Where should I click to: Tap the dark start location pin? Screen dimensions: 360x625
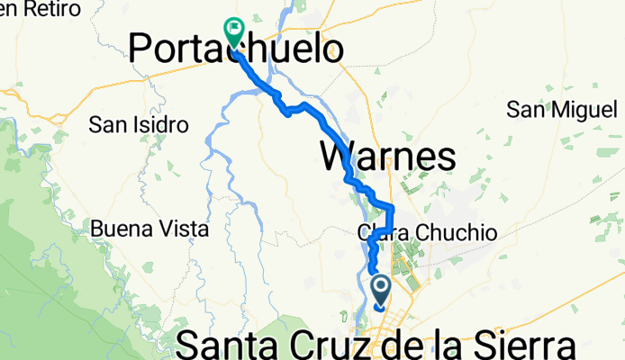[380, 291]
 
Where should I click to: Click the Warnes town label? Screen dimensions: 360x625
[388, 157]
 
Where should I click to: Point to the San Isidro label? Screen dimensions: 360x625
[139, 124]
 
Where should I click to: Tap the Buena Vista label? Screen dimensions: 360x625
[149, 229]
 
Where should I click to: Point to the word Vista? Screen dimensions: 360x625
[180, 229]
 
